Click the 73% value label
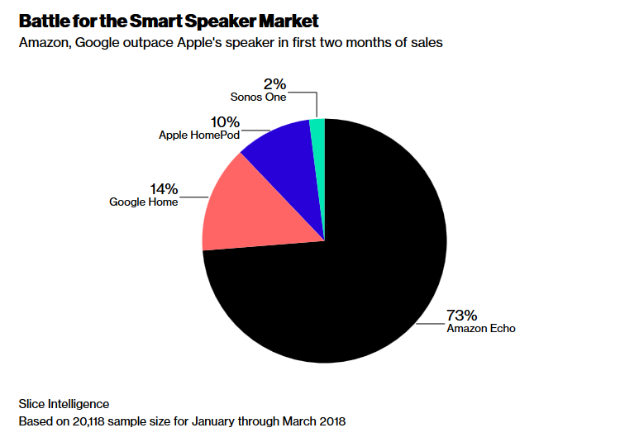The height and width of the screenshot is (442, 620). tap(462, 315)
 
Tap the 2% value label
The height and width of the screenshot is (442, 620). tap(275, 83)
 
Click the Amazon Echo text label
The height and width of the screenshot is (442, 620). tap(480, 328)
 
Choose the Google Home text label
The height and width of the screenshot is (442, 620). tap(144, 202)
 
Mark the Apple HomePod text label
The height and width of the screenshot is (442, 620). tap(198, 134)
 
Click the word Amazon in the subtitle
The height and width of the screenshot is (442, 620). tap(44, 43)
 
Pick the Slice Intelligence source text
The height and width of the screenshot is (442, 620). tap(64, 404)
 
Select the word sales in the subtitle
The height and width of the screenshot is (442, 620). tap(427, 43)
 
